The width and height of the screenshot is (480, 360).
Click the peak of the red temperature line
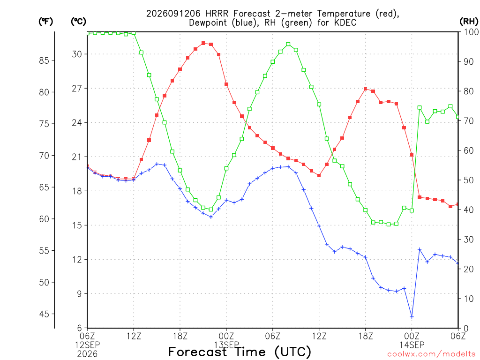click(203, 43)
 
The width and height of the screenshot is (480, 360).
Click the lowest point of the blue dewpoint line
click(412, 316)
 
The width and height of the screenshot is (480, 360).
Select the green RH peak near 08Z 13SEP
click(288, 44)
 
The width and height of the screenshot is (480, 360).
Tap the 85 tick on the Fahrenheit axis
click(44, 60)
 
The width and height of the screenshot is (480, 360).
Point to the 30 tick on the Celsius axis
click(77, 54)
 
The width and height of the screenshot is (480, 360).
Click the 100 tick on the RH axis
click(472, 32)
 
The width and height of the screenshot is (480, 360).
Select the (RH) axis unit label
click(469, 22)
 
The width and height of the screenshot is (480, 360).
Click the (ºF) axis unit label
click(45, 22)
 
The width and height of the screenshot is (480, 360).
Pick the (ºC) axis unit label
click(78, 22)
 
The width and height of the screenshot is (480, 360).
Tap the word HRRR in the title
click(217, 14)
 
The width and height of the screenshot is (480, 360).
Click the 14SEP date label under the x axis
click(412, 345)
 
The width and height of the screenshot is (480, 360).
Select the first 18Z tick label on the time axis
click(180, 336)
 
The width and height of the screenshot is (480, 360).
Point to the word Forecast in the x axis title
click(198, 352)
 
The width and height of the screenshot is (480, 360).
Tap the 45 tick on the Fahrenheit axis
click(44, 314)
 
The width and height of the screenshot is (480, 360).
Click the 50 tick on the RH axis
click(469, 180)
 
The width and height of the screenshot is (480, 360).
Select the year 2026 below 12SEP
click(87, 354)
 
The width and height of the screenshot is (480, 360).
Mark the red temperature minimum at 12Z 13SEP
click(319, 175)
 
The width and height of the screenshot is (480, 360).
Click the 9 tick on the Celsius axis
click(79, 294)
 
